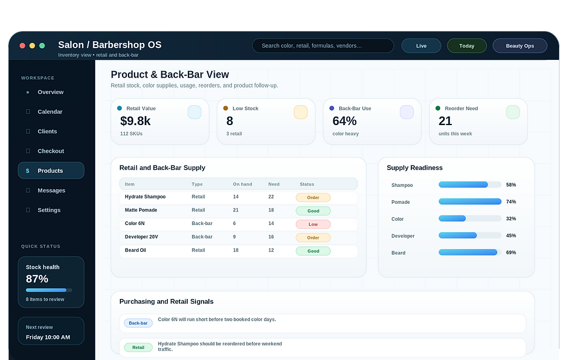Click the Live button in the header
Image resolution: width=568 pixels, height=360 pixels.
[421, 46]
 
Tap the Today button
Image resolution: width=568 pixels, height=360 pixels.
[466, 46]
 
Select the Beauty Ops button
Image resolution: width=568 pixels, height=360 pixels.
[520, 46]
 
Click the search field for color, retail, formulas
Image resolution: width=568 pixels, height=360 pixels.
[323, 46]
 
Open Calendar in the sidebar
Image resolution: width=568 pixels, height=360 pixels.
[50, 112]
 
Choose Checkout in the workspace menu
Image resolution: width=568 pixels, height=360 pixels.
[50, 151]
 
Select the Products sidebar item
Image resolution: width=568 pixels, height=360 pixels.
[50, 170]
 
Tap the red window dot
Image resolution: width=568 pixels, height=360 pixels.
[22, 46]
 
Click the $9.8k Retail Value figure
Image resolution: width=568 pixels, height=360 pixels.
[135, 121]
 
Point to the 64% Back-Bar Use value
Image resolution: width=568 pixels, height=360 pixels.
[344, 121]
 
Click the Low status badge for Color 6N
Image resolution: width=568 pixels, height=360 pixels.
[313, 224]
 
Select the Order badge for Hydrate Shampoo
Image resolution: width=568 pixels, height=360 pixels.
[313, 197]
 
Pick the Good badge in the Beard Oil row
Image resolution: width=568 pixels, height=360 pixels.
[313, 251]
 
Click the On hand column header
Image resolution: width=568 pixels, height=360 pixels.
[242, 184]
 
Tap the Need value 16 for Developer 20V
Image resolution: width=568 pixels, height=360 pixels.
[271, 237]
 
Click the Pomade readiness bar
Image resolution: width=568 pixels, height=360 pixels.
[470, 201]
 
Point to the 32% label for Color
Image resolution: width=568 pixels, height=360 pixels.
[510, 218]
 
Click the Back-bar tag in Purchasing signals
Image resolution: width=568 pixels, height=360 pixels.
[138, 323]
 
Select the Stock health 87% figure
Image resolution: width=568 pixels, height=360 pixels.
[37, 279]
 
